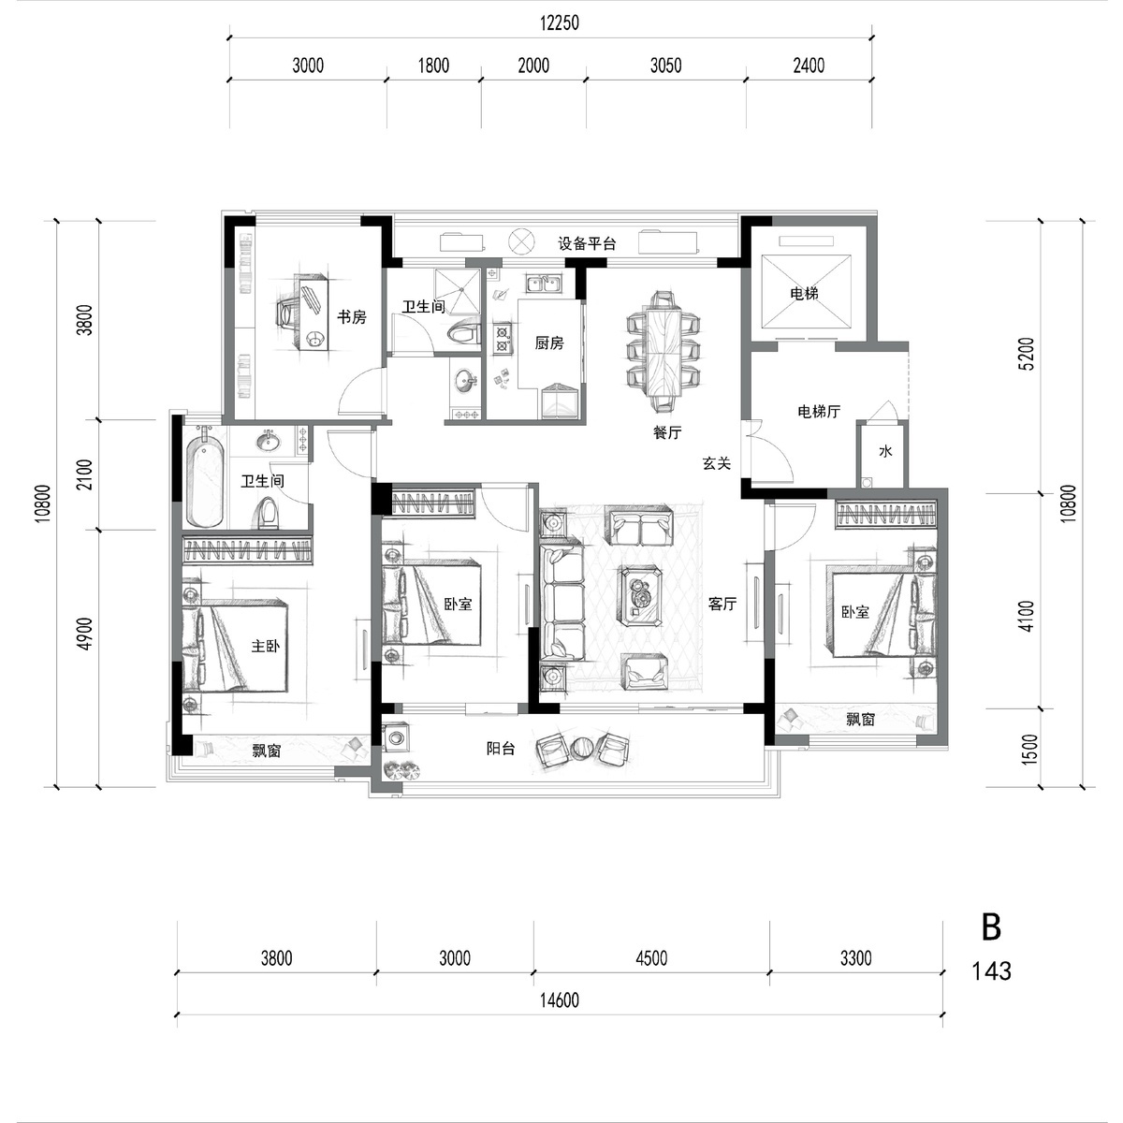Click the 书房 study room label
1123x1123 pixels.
(352, 317)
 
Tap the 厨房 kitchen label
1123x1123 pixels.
(549, 343)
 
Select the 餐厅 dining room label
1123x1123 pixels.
(666, 432)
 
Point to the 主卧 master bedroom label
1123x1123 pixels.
(265, 646)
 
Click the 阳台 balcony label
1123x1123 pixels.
(501, 749)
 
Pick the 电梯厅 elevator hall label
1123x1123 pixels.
(819, 412)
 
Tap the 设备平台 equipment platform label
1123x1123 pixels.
(587, 243)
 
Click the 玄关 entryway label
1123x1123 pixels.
(716, 463)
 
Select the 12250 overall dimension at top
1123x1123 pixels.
(560, 23)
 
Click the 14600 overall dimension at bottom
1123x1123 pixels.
(560, 1000)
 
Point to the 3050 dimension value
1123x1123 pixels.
(665, 66)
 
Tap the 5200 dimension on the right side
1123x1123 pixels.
(1028, 354)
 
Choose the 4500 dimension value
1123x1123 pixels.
(651, 958)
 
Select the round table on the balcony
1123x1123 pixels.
(583, 749)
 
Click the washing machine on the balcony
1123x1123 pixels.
(397, 736)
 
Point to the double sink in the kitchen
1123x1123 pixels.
(544, 284)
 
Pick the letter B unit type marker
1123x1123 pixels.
(991, 927)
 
